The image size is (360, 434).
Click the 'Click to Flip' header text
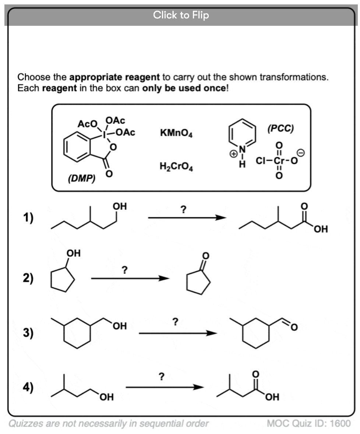181,15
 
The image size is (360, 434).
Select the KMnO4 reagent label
176,133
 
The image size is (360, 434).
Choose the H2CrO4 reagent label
176,167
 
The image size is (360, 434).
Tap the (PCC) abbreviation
280,129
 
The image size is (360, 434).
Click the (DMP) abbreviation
81,179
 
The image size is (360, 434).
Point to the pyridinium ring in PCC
242,133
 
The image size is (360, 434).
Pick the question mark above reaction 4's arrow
161,377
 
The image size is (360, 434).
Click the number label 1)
28,217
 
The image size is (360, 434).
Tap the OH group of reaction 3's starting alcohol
120,326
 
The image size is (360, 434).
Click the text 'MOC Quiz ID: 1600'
308,423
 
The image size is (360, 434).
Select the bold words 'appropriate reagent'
114,77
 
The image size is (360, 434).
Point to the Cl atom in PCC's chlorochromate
260,161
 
